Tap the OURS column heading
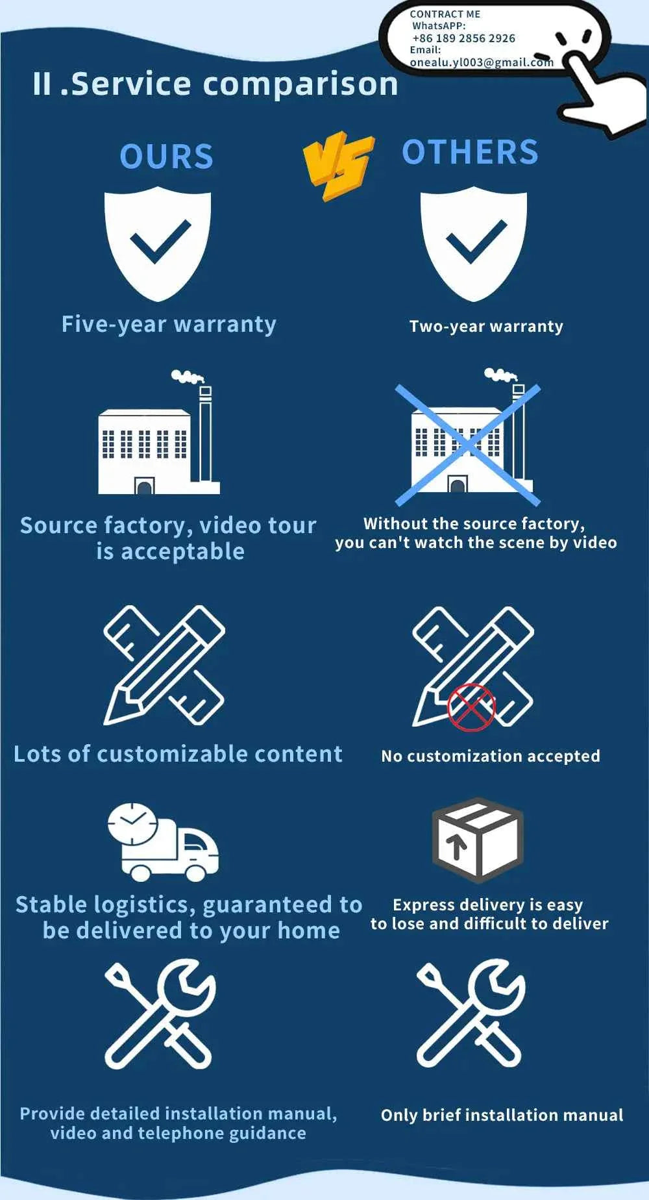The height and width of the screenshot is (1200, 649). (x=167, y=156)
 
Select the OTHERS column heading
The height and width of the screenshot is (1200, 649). (x=471, y=152)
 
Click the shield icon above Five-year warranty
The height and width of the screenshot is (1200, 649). (x=158, y=244)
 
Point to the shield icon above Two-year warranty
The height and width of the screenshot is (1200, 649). (x=474, y=244)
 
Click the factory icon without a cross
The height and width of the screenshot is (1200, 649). (x=159, y=432)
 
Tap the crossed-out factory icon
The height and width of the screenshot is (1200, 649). (x=468, y=436)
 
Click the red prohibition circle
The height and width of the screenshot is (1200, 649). (x=471, y=707)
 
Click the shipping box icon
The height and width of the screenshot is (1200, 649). (x=478, y=840)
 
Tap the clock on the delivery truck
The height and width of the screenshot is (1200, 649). (x=132, y=824)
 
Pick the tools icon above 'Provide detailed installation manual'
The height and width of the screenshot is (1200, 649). (x=160, y=1014)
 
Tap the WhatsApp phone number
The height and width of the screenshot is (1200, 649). (x=463, y=38)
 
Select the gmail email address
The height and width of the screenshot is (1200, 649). (x=482, y=62)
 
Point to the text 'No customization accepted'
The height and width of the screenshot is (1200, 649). (x=491, y=756)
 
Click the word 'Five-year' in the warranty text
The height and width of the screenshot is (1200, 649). (x=114, y=324)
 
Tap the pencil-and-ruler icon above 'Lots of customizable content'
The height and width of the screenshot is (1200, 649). (x=164, y=666)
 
